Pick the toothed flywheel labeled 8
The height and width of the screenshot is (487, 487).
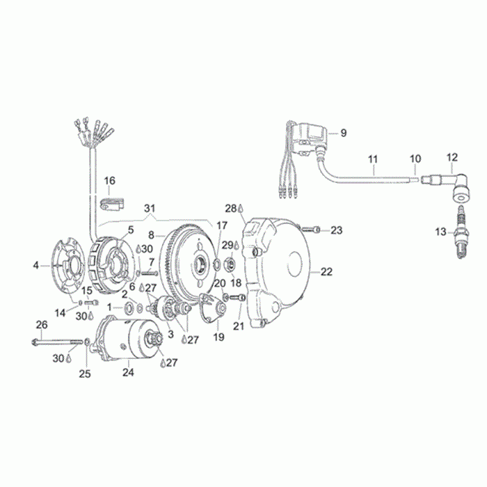(191, 268)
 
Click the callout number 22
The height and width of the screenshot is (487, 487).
(326, 272)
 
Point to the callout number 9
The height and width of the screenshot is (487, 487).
(343, 133)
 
